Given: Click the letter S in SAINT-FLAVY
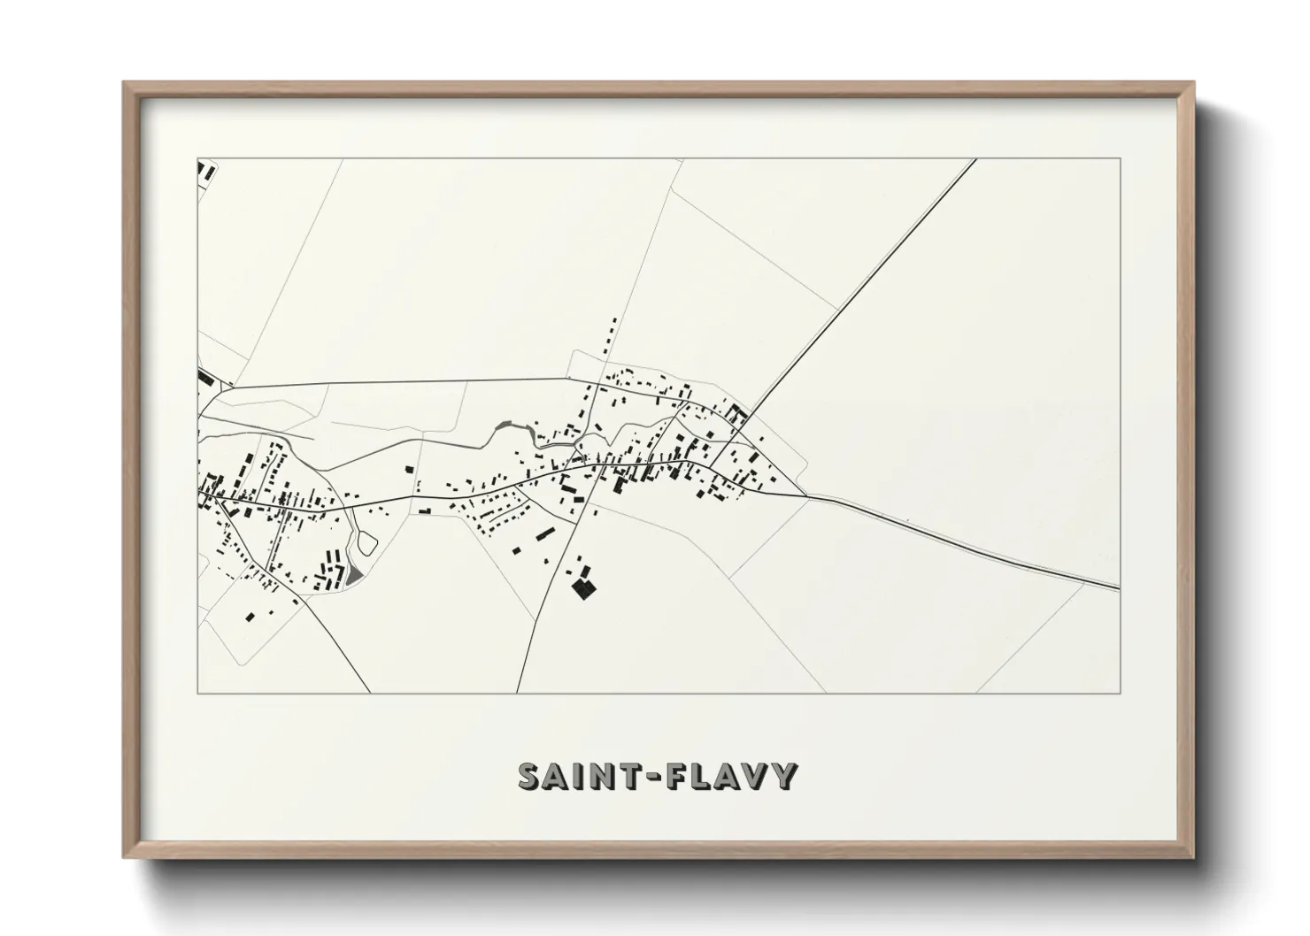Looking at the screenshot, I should tap(529, 777).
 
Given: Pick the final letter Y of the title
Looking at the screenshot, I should tap(786, 777).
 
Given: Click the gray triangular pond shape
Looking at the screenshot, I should tap(354, 576).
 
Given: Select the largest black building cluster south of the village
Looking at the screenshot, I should tap(582, 587).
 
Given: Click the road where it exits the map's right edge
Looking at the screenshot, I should tap(1117, 586).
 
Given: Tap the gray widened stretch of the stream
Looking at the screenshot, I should tap(506, 428).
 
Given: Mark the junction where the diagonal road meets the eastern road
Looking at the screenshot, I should tap(805, 495).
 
